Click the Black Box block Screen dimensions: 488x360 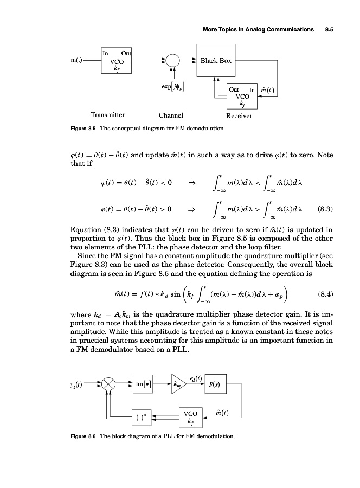click(216, 60)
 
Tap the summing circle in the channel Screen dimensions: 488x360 click(173, 60)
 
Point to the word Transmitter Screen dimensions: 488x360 click(108, 115)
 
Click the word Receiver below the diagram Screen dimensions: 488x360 click(239, 115)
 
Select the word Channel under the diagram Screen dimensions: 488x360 click(171, 115)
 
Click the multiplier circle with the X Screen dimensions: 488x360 click(109, 384)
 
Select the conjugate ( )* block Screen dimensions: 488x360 click(140, 418)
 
